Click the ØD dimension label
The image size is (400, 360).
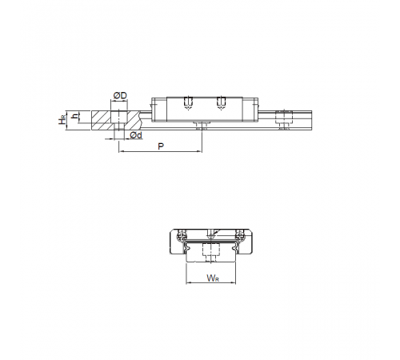click(x=120, y=95)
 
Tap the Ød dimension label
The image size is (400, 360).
click(x=136, y=135)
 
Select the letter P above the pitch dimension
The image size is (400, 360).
click(x=161, y=146)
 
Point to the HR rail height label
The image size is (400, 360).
click(x=62, y=120)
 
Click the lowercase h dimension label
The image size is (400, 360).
click(x=76, y=116)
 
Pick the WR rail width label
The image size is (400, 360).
click(x=213, y=278)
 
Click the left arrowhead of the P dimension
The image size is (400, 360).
click(x=121, y=152)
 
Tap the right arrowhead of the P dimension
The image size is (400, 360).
click(x=200, y=152)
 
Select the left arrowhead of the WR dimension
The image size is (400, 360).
click(x=188, y=282)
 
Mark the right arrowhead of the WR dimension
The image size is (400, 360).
click(x=234, y=282)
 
